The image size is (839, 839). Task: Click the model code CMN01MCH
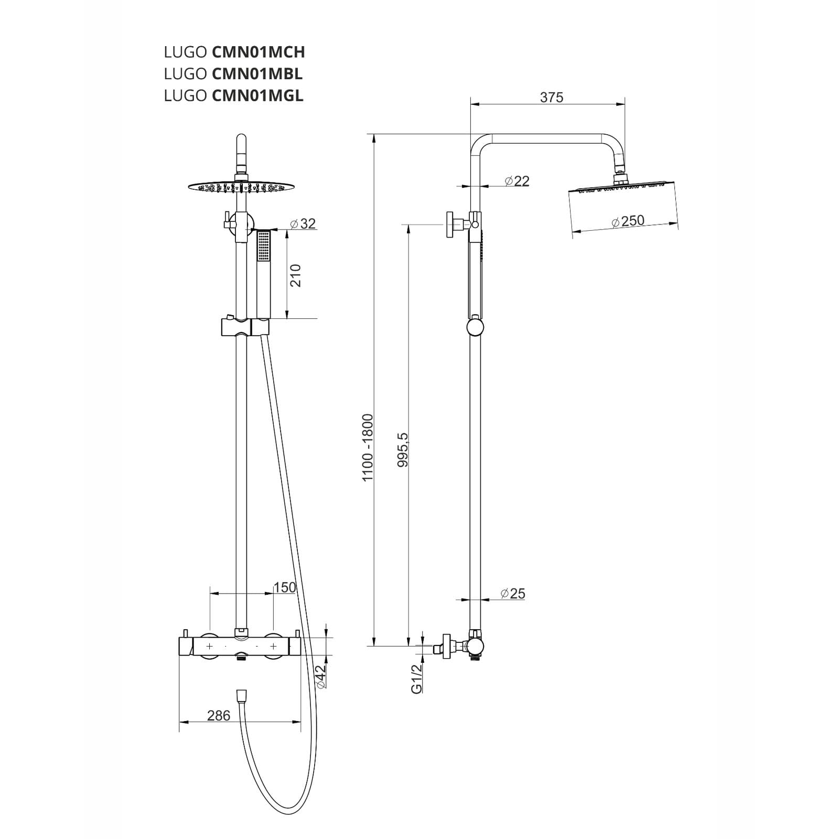[258, 52]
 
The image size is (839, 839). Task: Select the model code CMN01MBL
[257, 74]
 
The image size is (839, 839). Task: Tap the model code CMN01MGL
[257, 96]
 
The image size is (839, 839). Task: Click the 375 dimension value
[551, 98]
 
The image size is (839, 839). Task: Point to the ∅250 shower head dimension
[628, 221]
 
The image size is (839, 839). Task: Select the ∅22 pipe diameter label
[517, 181]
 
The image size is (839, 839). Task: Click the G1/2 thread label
[416, 679]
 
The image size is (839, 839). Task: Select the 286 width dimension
[218, 715]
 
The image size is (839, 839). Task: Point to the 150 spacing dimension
[285, 587]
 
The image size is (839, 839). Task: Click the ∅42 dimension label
[321, 676]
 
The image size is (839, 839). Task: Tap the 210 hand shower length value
[296, 275]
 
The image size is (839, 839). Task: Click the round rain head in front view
[240, 187]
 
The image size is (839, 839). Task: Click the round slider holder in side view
[475, 328]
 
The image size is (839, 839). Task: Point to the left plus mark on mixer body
[209, 647]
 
